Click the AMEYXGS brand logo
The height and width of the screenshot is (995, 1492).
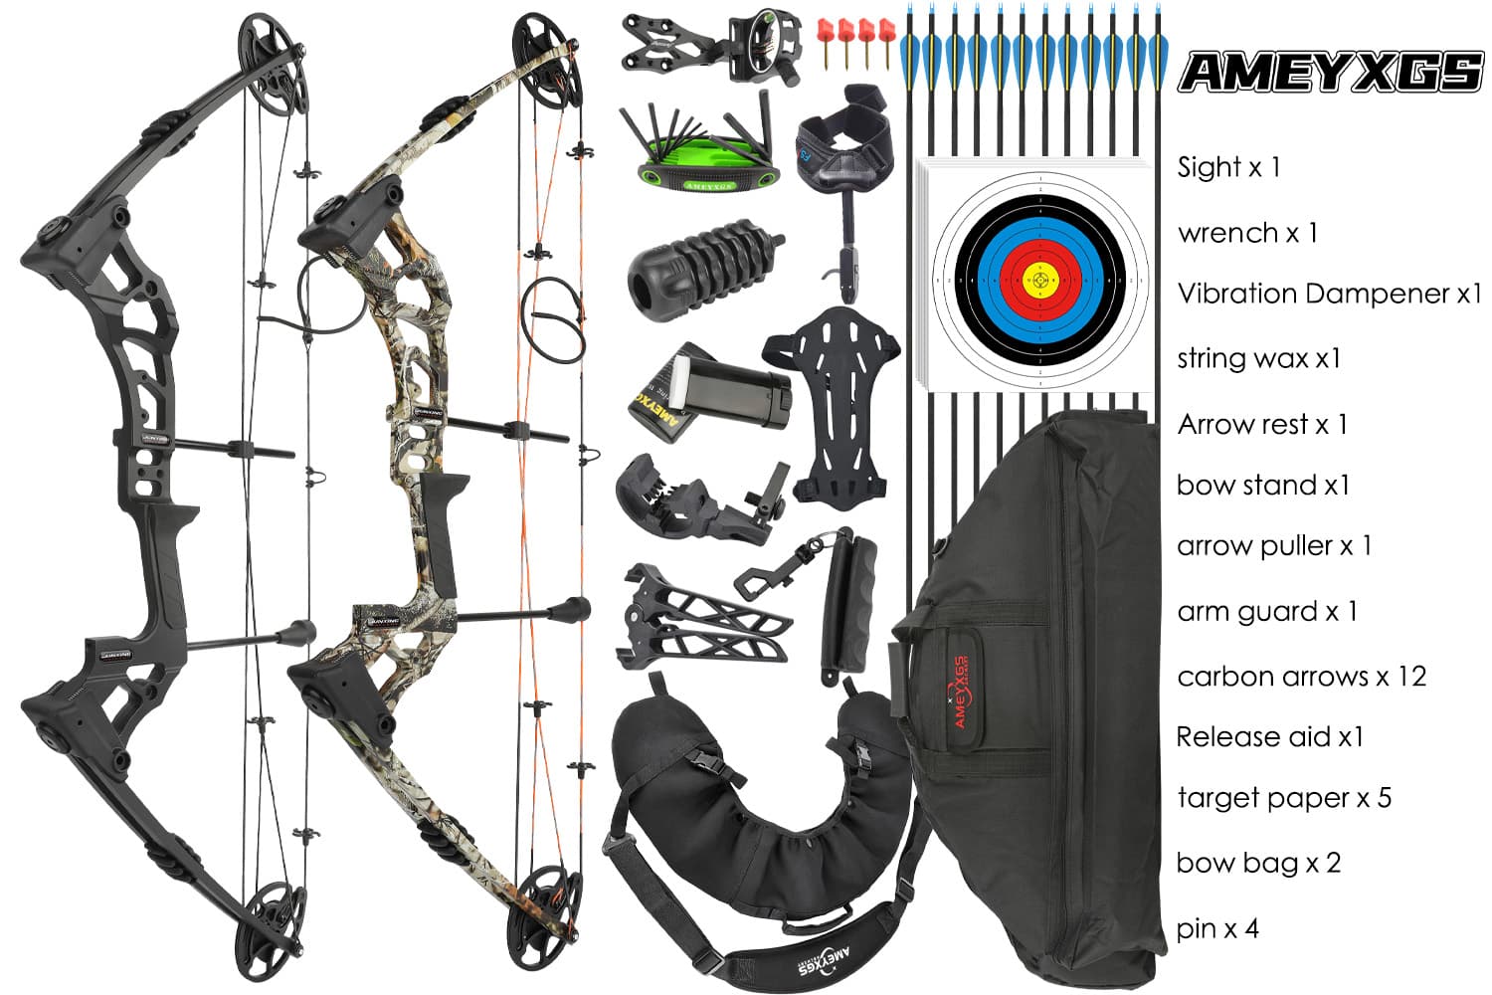coord(1330,72)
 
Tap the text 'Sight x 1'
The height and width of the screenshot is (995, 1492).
coord(1227,167)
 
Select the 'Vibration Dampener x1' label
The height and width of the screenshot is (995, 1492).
coord(1329,294)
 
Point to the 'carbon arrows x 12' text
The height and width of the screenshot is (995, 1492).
coord(1301,677)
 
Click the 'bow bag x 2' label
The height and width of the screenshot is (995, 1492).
coord(1258,863)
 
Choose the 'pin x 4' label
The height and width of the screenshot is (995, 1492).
coord(1217,928)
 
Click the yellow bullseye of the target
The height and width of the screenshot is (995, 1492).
coord(1040,281)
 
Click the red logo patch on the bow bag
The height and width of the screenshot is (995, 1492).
coord(960,692)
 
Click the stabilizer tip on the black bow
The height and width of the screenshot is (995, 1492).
coord(297,633)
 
